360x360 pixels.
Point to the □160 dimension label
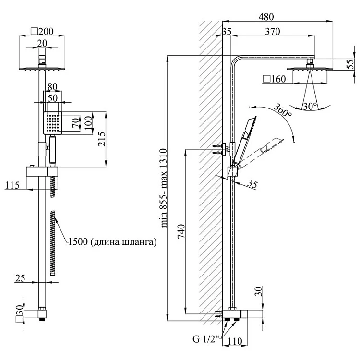click(x=275, y=78)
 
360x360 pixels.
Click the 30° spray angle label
click(x=310, y=106)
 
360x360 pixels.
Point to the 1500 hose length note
click(x=112, y=242)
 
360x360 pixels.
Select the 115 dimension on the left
click(x=13, y=185)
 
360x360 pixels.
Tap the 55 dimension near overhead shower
click(x=352, y=64)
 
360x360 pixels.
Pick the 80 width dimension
click(x=52, y=87)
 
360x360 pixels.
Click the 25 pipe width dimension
click(x=21, y=277)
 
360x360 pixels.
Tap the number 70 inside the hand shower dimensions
click(x=75, y=123)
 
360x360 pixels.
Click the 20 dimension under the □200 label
click(x=42, y=43)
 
